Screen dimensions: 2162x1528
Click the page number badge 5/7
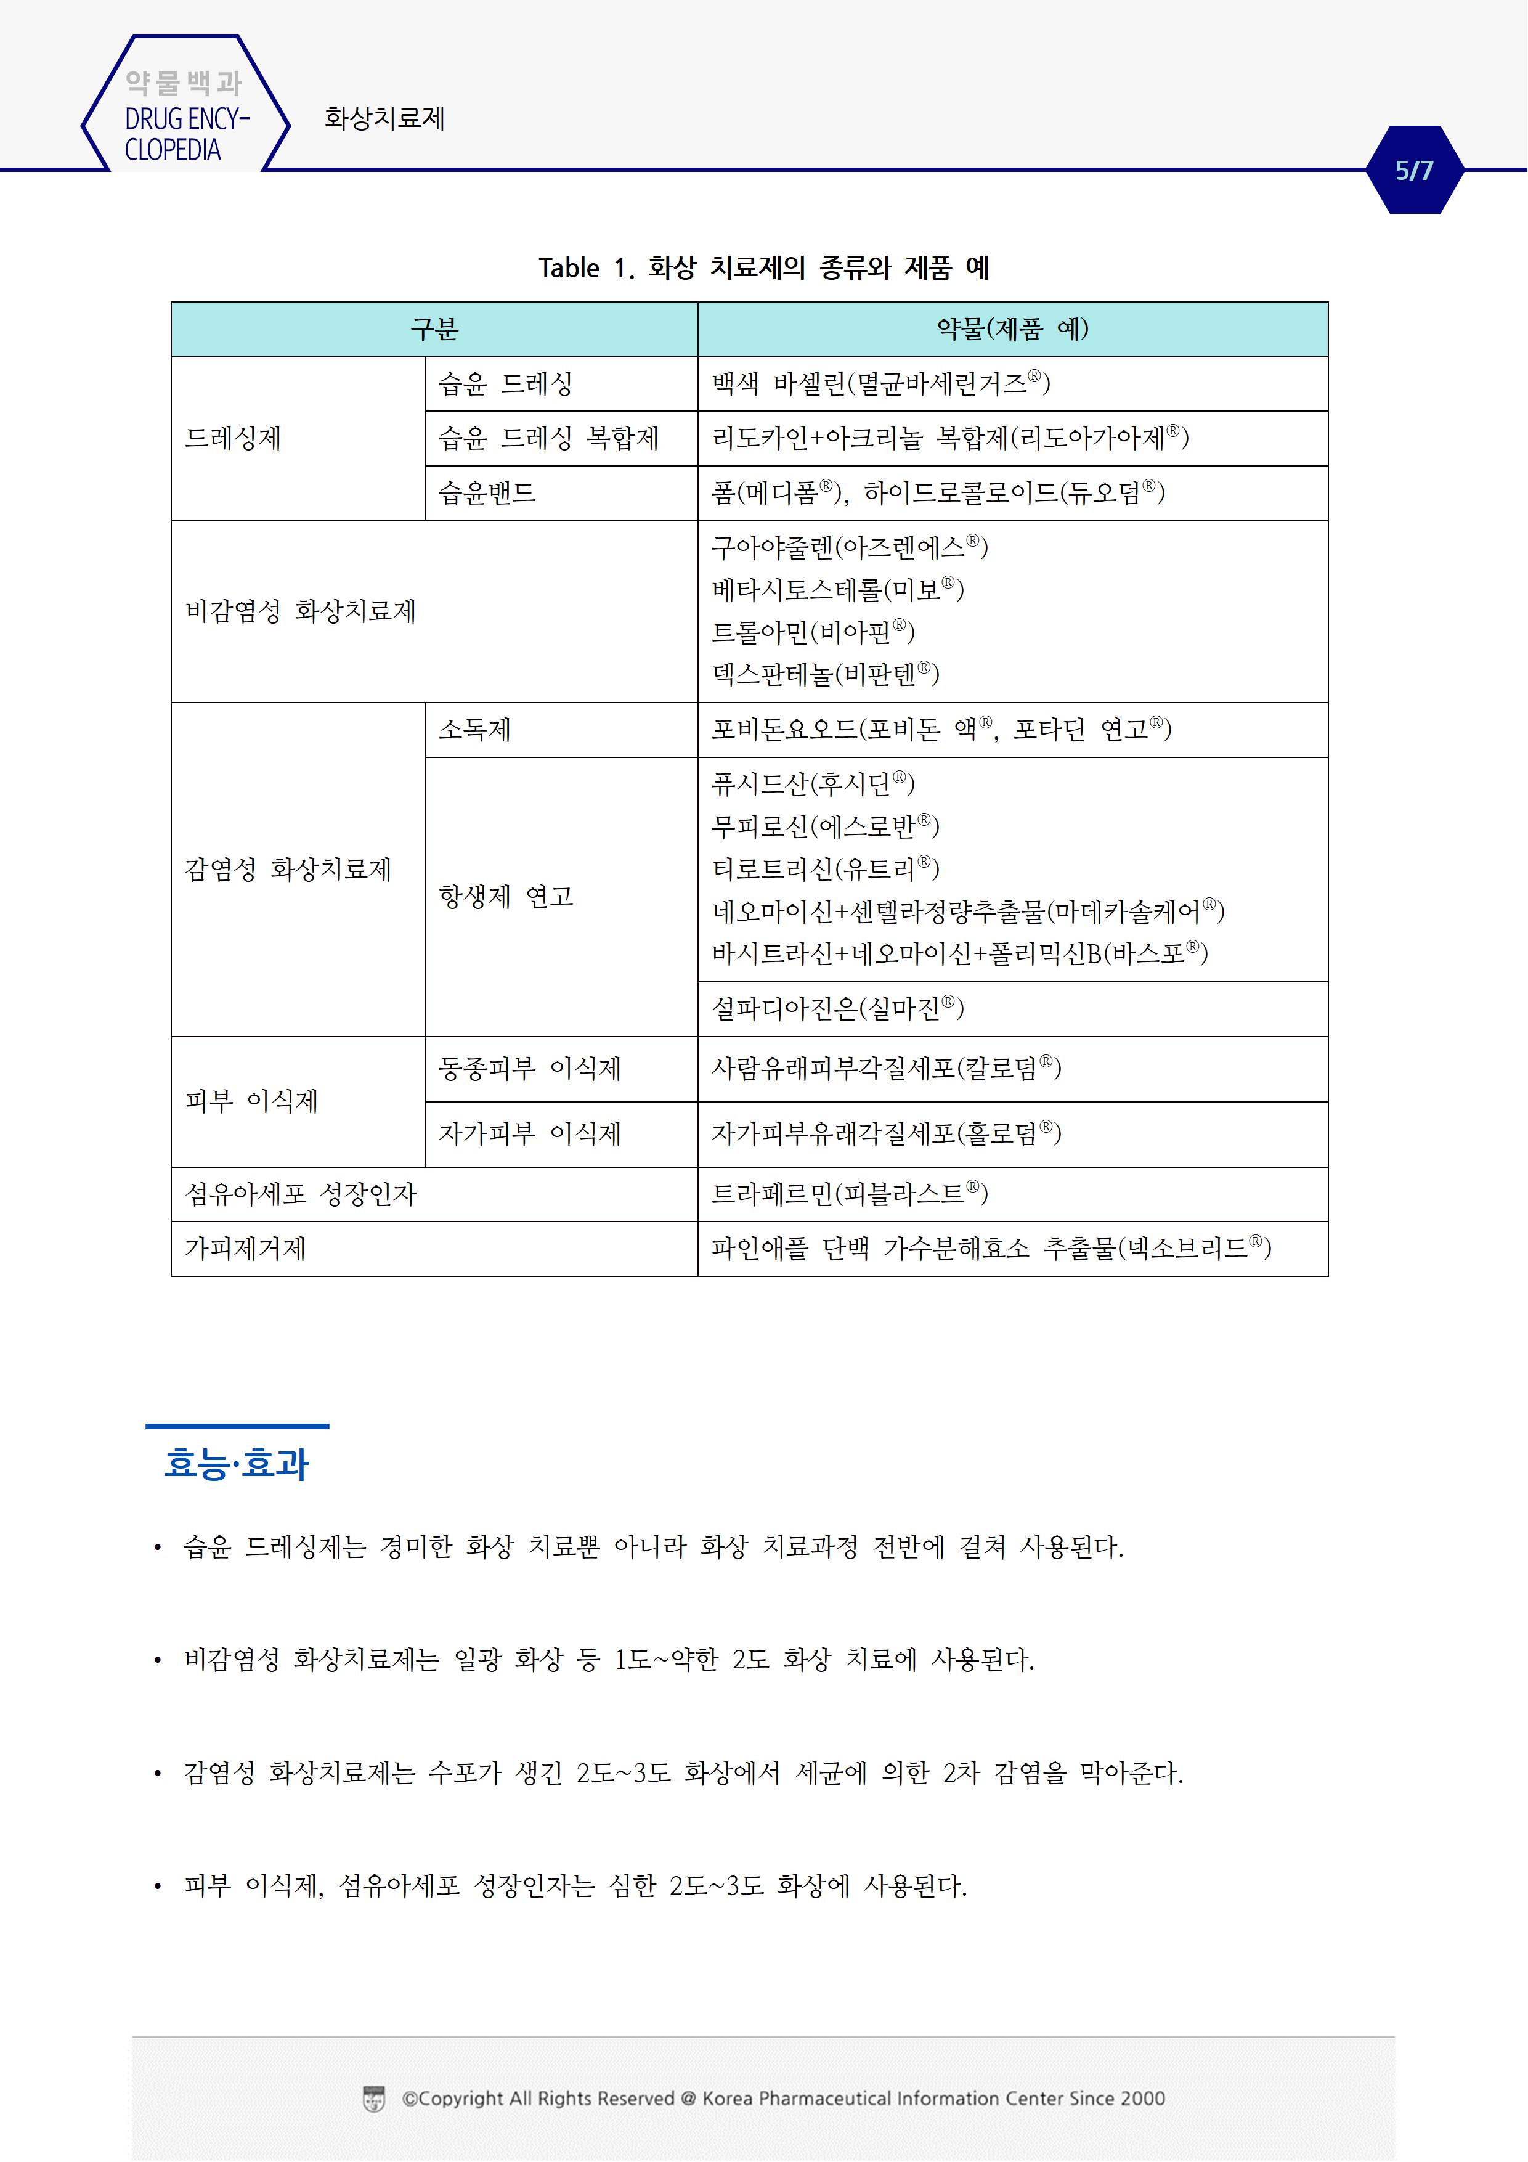click(1413, 171)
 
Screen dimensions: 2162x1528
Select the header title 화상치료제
click(384, 119)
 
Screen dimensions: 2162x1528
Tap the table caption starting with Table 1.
click(763, 268)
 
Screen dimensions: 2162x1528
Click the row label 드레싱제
click(234, 438)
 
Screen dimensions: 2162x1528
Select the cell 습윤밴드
click(487, 492)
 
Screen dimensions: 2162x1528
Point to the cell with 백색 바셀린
click(880, 383)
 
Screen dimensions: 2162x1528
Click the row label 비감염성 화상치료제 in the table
click(300, 611)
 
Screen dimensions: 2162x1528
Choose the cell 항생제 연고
click(506, 897)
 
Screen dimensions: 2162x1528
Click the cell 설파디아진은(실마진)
click(837, 1008)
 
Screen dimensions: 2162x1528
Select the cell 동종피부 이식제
click(529, 1069)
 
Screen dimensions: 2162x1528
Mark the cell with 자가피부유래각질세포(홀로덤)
click(885, 1134)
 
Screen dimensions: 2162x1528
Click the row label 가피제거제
click(246, 1249)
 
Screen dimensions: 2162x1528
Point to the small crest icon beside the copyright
click(374, 2099)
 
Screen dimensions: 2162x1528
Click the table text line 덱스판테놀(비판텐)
click(825, 674)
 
